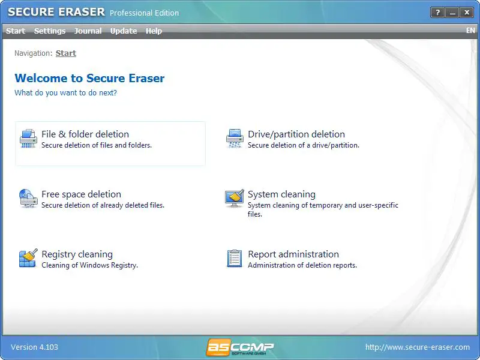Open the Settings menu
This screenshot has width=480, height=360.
point(50,31)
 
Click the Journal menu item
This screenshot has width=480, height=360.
point(88,31)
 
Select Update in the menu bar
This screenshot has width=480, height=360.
point(124,31)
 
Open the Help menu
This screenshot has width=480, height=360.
point(154,31)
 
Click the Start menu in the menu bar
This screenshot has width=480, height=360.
point(16,31)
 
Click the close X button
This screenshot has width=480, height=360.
point(467,13)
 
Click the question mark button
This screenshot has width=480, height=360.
point(437,13)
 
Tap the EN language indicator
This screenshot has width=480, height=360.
point(470,31)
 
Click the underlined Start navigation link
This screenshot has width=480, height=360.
point(66,53)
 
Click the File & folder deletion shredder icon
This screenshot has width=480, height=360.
point(28,139)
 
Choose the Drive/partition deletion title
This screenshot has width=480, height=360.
point(296,134)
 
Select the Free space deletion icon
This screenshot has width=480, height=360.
point(28,199)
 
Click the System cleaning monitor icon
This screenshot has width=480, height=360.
point(235,198)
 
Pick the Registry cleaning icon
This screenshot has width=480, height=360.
point(28,258)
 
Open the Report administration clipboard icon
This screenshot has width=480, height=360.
point(235,259)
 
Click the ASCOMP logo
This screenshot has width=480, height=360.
point(239,347)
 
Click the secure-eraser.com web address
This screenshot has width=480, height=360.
point(418,347)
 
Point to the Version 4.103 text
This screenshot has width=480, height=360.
point(34,347)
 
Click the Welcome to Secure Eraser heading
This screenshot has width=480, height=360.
point(89,78)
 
